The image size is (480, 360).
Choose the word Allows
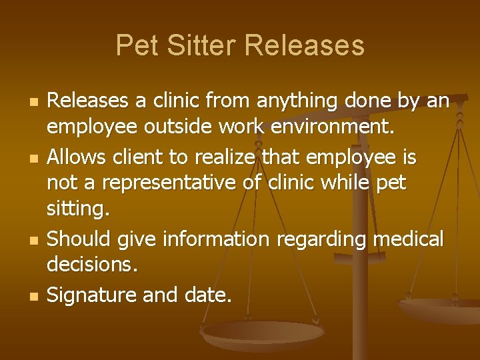[77, 157]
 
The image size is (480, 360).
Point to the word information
[200, 237]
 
